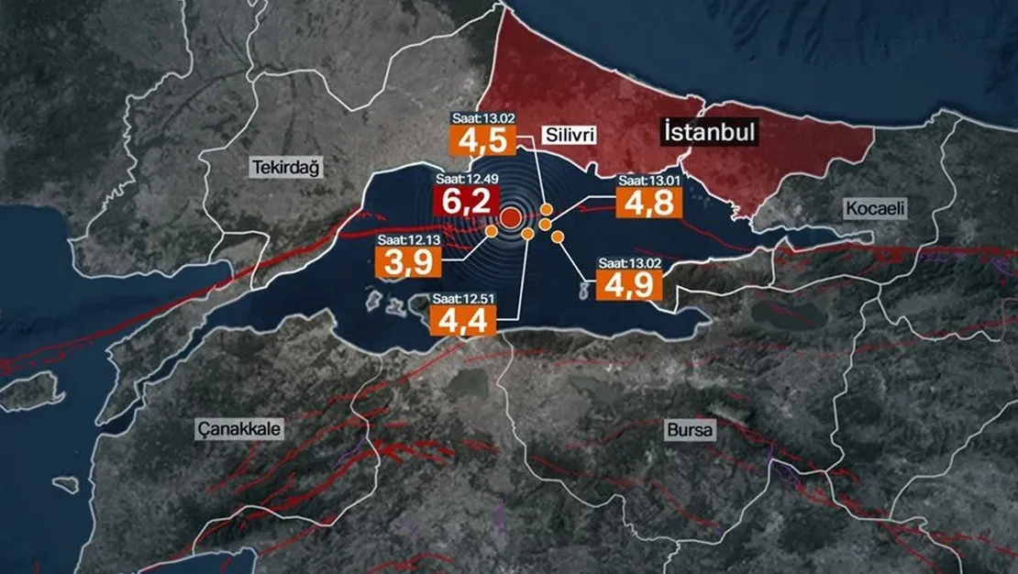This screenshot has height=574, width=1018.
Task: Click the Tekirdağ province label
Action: click(x=279, y=166)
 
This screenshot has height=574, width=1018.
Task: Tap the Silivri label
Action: click(x=570, y=136)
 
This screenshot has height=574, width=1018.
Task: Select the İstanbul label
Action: click(x=711, y=133)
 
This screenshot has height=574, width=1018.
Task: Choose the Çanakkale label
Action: click(x=238, y=428)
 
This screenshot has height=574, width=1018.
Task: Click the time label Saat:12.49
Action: click(x=468, y=180)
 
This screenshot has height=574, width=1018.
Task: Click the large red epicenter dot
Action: click(x=510, y=217)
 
